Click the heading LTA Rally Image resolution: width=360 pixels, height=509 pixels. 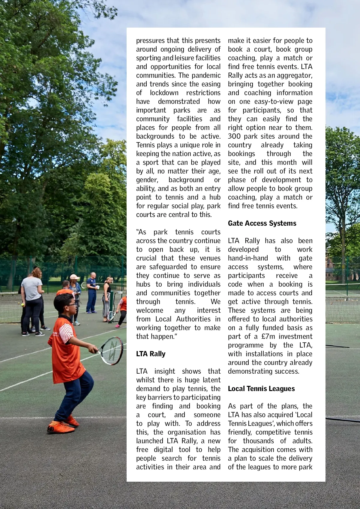coord(151,354)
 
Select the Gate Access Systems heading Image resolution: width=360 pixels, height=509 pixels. coord(262,223)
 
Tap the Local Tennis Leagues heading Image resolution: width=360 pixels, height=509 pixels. coord(261,389)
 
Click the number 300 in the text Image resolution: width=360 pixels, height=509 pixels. coord(234,136)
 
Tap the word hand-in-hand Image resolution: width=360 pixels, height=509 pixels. coord(248,258)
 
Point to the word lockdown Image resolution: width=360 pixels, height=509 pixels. coord(164,93)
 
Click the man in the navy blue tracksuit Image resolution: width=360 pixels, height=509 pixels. coord(92,293)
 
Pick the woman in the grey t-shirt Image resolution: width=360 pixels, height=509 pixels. coord(32,300)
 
